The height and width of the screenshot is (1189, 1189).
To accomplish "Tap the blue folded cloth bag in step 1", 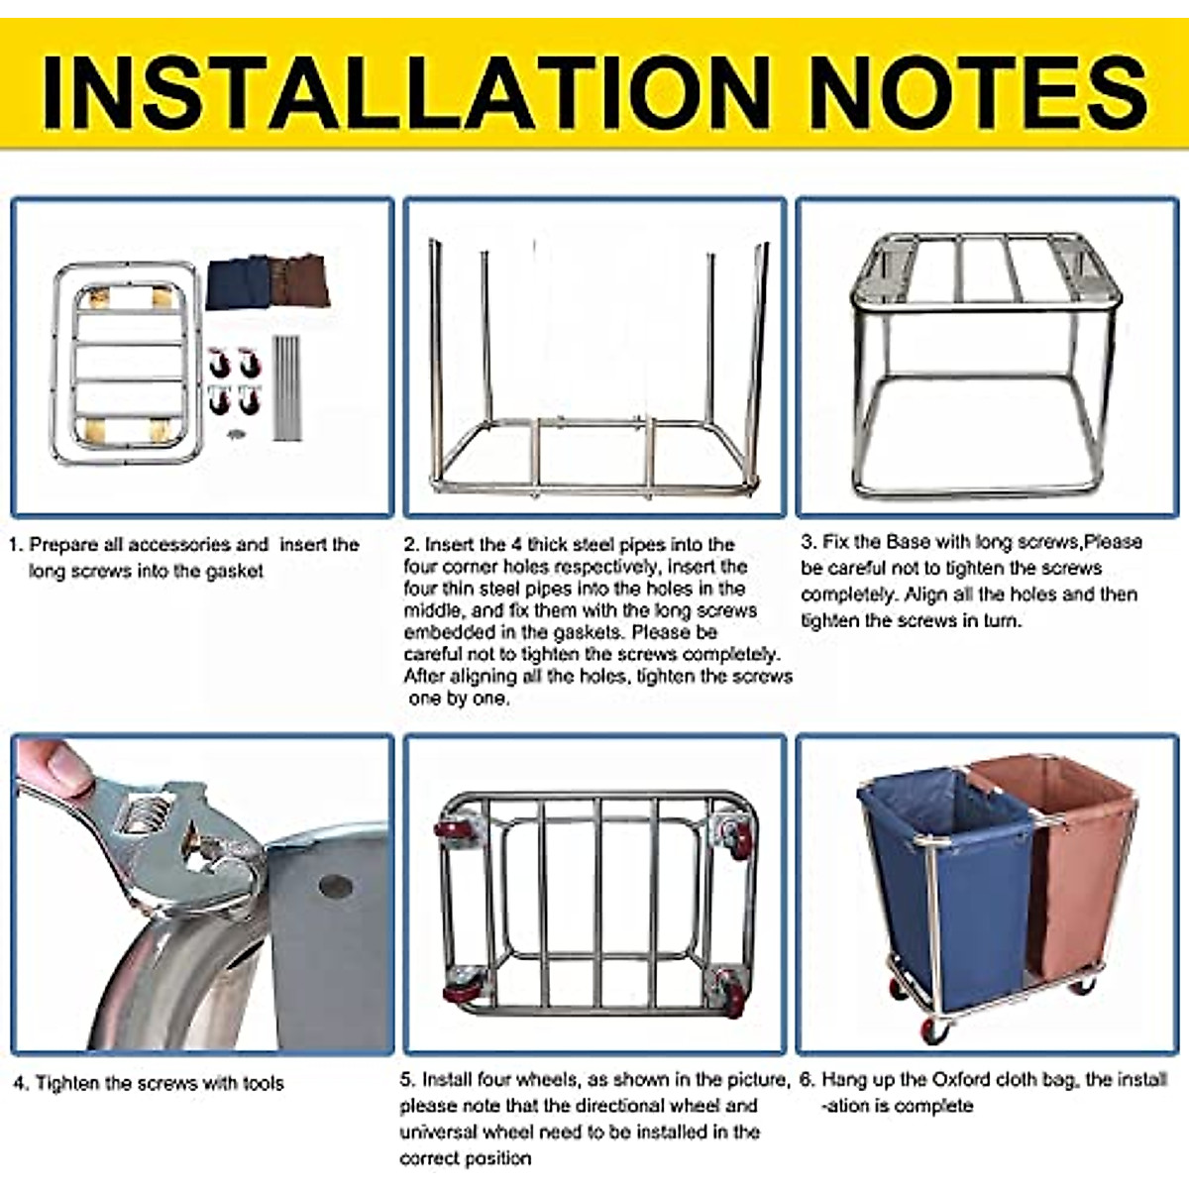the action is (238, 282).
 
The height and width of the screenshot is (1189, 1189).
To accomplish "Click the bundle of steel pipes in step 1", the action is (286, 386).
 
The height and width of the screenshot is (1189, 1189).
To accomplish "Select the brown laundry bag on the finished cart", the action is (1080, 862).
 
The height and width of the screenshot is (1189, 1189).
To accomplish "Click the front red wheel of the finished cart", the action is (934, 1030).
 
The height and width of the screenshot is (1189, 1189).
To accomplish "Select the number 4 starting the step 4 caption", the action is (19, 1084).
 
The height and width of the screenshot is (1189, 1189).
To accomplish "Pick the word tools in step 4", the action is (263, 1084).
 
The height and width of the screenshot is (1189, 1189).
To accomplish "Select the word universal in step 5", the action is (440, 1132).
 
